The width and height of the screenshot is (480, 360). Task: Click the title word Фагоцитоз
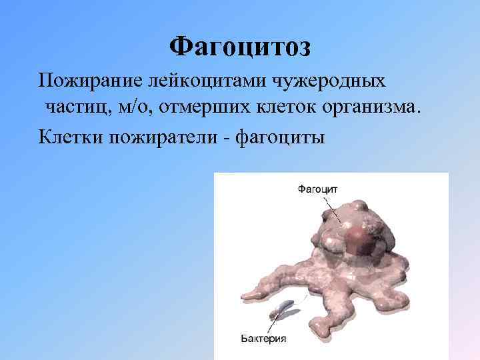tap(240, 47)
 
